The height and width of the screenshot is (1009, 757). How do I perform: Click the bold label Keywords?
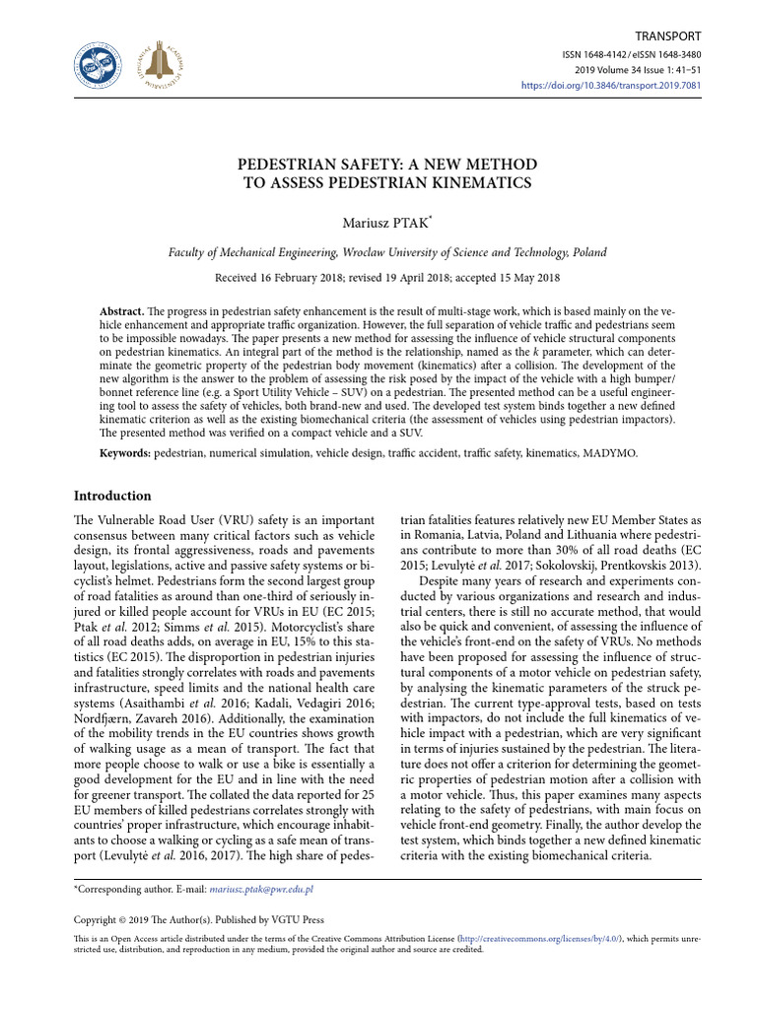(x=126, y=452)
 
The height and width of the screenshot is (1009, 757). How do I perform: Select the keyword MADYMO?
(x=612, y=452)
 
